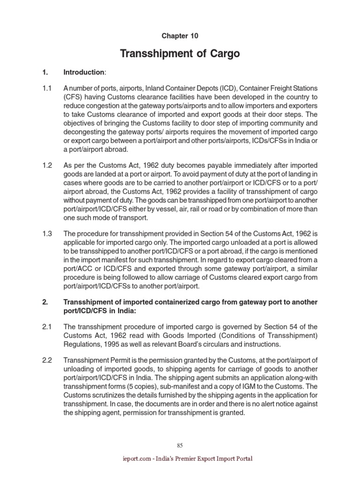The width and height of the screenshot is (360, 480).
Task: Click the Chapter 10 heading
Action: pos(180,36)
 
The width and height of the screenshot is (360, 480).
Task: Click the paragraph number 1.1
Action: pos(47,88)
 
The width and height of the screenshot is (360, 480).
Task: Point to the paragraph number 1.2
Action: pos(47,166)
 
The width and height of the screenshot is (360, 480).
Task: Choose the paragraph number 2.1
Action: pos(47,326)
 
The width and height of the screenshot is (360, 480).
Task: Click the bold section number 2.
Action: pos(45,302)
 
